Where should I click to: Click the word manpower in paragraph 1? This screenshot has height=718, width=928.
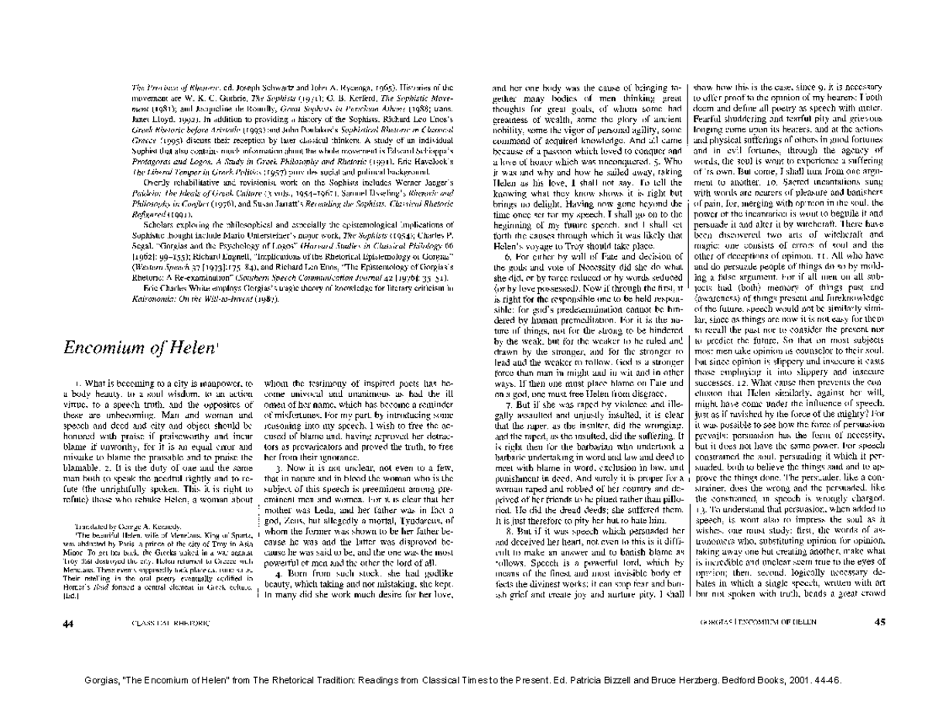click(227, 384)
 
